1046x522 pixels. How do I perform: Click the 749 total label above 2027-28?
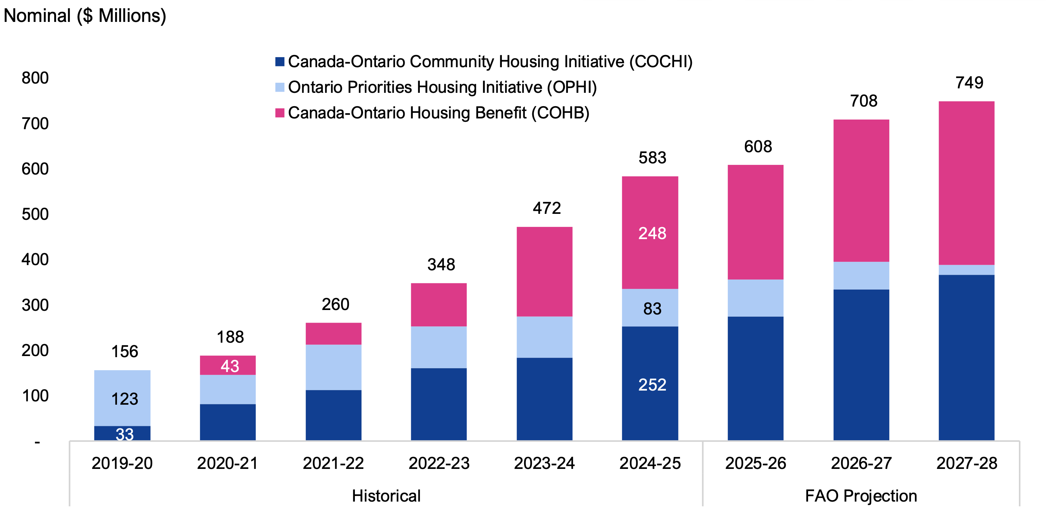(969, 83)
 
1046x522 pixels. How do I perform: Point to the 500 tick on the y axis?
(35, 215)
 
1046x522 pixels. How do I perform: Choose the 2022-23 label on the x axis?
(439, 463)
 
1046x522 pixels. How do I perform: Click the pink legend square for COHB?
(280, 113)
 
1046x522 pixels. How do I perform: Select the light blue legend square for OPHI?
(280, 87)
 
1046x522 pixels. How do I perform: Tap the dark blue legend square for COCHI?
(280, 62)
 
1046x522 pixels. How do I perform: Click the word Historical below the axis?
(386, 496)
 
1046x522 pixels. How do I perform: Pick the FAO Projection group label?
(861, 496)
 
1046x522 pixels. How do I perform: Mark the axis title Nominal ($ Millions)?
(85, 16)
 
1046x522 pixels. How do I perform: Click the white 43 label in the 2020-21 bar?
(230, 366)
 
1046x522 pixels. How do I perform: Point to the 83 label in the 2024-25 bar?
(652, 309)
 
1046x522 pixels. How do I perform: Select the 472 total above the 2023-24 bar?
(546, 208)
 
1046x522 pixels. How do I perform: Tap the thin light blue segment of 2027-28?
(967, 270)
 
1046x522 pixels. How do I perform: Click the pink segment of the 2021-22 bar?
(333, 334)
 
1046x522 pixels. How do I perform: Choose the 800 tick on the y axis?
(35, 78)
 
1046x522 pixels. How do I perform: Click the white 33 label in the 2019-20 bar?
(125, 434)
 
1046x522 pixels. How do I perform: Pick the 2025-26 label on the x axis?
(756, 463)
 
